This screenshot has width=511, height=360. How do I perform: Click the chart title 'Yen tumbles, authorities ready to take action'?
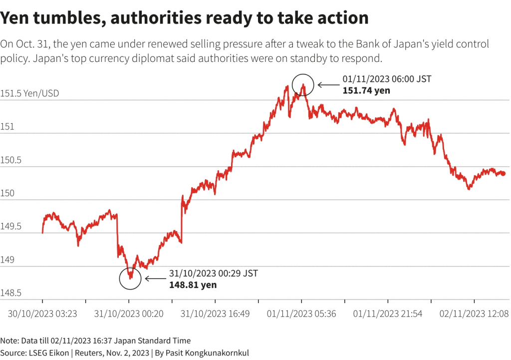point(184,18)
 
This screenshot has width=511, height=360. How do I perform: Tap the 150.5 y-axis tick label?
point(12,160)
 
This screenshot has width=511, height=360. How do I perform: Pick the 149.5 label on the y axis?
point(12,227)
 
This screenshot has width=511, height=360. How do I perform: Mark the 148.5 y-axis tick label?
point(12,293)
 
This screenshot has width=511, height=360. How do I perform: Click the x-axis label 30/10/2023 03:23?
point(42,314)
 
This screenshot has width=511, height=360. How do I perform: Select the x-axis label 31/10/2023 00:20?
point(129,314)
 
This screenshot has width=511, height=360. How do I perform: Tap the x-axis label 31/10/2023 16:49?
point(215,314)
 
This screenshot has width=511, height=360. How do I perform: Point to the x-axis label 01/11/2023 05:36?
point(301,314)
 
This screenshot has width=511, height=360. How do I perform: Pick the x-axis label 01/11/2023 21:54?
point(388,314)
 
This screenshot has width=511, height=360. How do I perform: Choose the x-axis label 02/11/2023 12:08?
point(474,314)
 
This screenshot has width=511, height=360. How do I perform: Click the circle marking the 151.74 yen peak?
point(303,84)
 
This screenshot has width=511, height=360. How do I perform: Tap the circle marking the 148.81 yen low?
point(131,278)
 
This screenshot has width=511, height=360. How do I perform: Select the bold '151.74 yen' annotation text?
point(366,90)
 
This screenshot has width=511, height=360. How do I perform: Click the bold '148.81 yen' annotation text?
point(193,285)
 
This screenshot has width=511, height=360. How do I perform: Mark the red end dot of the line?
point(503,173)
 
